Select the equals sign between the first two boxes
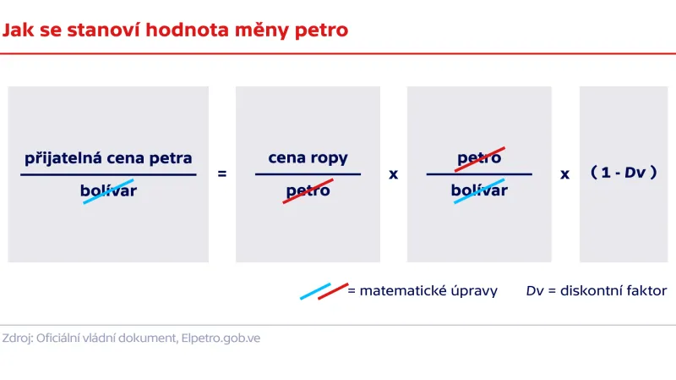222,173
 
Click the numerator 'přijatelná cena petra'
108,158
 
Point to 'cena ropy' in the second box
308,158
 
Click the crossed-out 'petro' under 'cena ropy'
308,190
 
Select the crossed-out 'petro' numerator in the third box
479,158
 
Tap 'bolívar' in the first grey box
108,190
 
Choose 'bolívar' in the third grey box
479,190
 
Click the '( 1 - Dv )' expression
624,173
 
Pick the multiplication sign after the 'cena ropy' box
393,174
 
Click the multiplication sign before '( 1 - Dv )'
565,174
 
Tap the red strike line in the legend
333,290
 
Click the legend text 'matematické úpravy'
428,290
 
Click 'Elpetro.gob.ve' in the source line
221,337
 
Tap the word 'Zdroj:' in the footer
17,337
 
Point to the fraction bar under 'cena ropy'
308,174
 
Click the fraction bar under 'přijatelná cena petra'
108,174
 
